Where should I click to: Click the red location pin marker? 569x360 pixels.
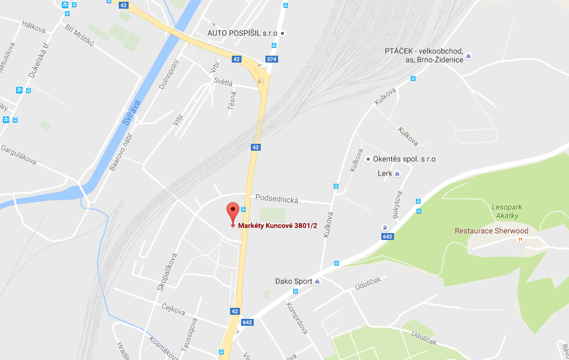click(x=232, y=212)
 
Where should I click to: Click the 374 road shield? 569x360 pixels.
click(x=271, y=59)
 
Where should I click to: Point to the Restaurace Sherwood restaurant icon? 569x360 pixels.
click(x=520, y=239)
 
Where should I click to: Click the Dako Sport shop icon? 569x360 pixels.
click(x=317, y=282)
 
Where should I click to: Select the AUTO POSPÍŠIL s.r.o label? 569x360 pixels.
click(x=243, y=33)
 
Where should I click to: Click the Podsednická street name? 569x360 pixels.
click(x=276, y=199)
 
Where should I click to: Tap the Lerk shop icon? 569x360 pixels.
click(x=397, y=173)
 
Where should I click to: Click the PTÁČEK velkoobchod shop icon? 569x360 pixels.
click(x=468, y=56)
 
